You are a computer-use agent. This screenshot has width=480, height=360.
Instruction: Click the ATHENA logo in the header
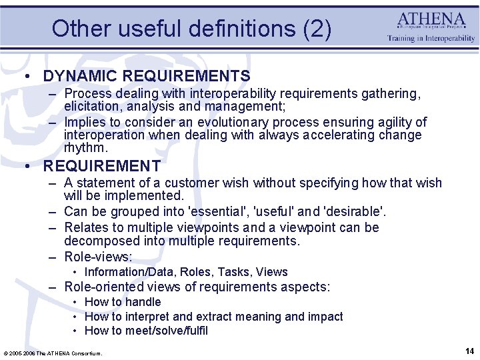431,20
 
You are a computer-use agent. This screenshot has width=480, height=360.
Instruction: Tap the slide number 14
469,350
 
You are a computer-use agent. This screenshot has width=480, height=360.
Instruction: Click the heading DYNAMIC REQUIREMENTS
147,77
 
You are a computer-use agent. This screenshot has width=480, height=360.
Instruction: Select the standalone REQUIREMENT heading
102,166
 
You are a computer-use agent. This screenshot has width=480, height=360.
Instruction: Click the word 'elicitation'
93,105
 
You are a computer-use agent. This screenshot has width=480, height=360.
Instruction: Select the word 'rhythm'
85,147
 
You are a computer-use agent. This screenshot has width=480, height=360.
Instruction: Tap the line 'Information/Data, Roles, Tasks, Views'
186,272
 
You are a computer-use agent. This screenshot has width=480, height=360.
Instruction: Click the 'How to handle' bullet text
123,302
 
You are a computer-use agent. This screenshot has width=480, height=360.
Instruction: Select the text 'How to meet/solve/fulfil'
146,331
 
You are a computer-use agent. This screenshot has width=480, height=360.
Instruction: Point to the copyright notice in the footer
53,353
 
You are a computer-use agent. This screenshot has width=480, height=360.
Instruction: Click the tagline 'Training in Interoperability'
431,39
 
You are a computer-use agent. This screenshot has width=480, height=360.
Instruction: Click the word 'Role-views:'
98,257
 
